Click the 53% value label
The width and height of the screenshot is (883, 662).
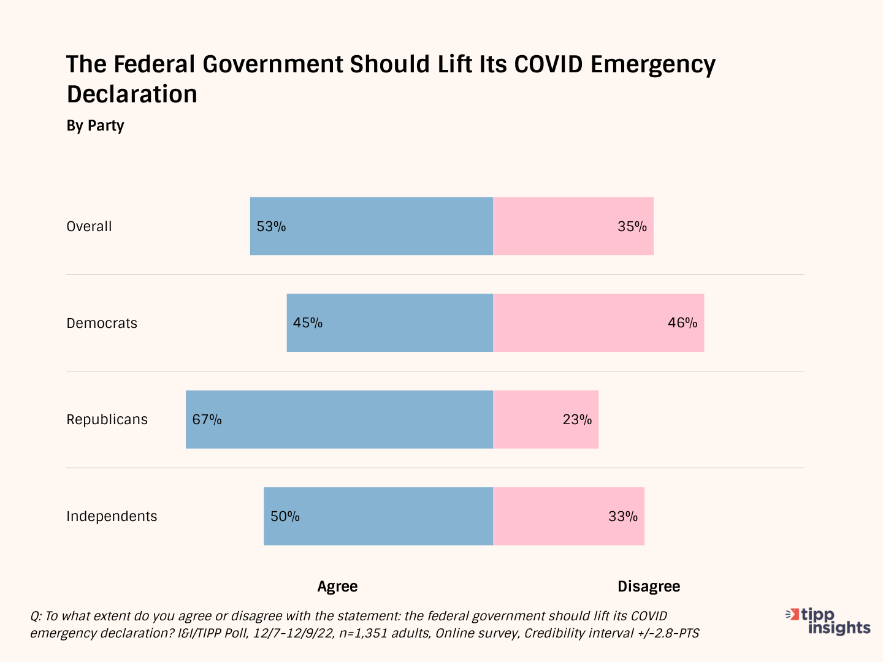(271, 227)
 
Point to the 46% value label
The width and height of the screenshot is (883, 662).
(682, 323)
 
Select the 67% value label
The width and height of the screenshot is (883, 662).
(207, 420)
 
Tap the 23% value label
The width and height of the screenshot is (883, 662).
(577, 420)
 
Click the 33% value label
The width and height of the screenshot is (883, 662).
(623, 517)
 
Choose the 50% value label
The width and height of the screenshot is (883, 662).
(285, 517)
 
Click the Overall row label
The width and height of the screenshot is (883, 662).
(89, 227)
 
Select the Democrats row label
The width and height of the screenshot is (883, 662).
(102, 324)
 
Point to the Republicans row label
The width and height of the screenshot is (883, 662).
(107, 420)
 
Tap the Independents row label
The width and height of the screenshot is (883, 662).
(112, 517)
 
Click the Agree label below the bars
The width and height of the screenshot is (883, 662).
(337, 587)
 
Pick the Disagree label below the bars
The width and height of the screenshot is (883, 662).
(649, 587)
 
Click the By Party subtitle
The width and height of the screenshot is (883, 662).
(95, 126)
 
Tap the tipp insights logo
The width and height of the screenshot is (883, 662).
(829, 621)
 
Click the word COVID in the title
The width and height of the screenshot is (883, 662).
(548, 64)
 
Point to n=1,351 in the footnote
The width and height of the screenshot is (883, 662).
(363, 633)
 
